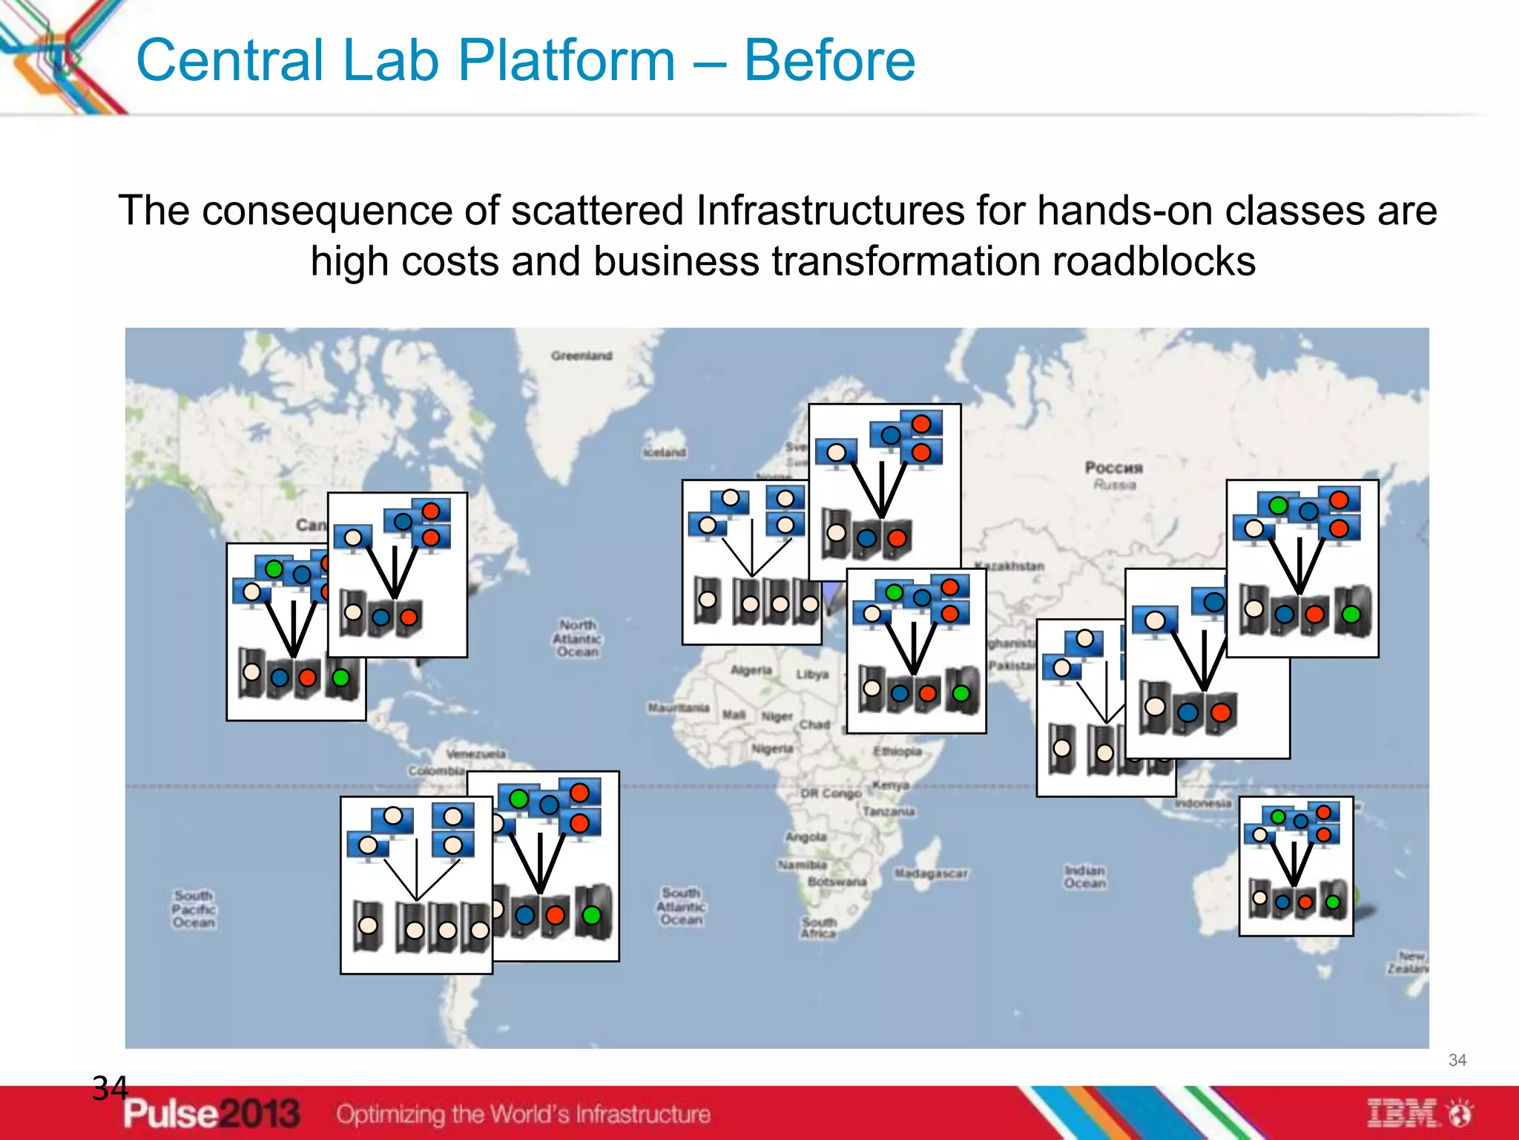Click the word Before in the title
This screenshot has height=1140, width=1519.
tap(829, 61)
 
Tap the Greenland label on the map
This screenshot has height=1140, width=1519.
tap(581, 356)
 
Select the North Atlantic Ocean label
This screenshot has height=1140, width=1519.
tap(578, 638)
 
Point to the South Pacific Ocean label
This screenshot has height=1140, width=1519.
tap(194, 909)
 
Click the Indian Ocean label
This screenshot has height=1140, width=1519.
tap(1084, 877)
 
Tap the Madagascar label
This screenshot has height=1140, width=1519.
tap(931, 874)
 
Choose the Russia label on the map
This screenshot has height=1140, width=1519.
tap(1114, 475)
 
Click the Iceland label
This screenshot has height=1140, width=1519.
tap(665, 452)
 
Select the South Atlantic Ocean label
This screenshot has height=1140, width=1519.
tap(681, 906)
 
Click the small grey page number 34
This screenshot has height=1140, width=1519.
tap(1457, 1060)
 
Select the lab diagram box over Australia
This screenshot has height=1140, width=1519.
tap(1296, 866)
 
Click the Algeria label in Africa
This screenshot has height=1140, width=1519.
tap(751, 670)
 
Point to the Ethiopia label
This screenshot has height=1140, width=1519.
tap(897, 751)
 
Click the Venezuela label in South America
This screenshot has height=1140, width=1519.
tap(475, 753)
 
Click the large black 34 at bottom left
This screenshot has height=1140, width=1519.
tap(110, 1089)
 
